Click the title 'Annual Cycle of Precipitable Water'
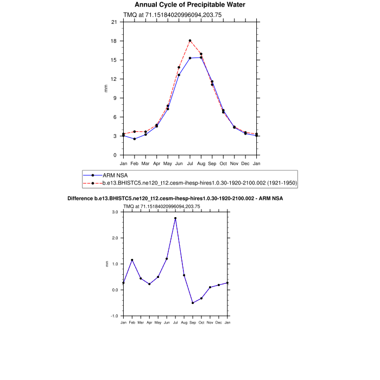click(x=190, y=5)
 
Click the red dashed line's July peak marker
click(x=190, y=41)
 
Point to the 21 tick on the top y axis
click(x=114, y=22)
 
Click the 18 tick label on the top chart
click(x=114, y=41)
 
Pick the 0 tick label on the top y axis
click(x=115, y=155)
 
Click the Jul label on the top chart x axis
click(x=190, y=163)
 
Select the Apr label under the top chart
click(x=156, y=163)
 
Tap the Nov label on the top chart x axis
click(x=235, y=163)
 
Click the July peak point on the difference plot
click(x=175, y=218)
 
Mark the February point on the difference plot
click(x=132, y=260)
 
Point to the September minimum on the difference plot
click(x=193, y=303)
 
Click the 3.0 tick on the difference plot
click(x=115, y=212)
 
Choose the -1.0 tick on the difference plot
click(x=115, y=316)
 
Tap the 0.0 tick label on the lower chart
click(x=115, y=290)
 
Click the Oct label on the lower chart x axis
click(x=201, y=322)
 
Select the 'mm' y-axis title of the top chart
click(x=106, y=88)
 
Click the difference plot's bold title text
click(x=175, y=199)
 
